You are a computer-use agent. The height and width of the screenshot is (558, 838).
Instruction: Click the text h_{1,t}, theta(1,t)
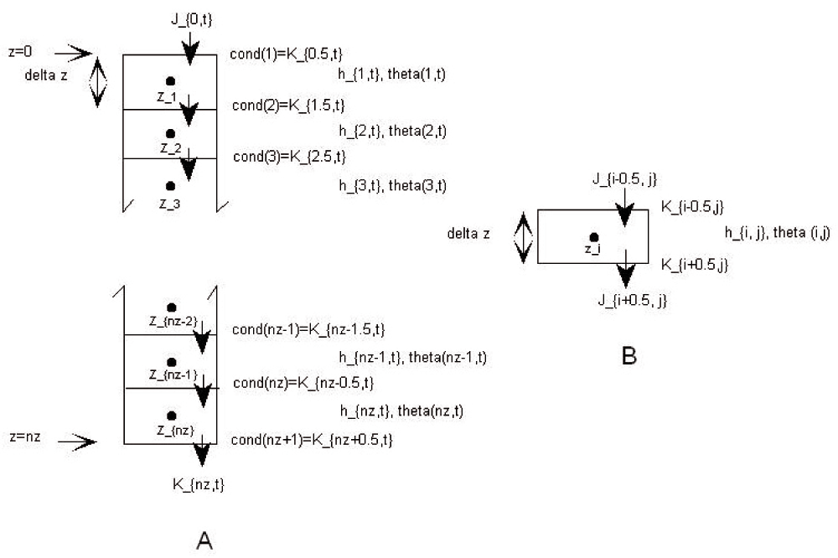(x=391, y=74)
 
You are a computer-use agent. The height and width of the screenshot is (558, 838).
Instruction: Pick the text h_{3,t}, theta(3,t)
(x=392, y=185)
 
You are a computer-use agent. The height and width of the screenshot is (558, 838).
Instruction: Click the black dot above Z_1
(x=170, y=81)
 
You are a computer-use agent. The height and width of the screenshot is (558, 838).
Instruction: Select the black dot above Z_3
(x=170, y=186)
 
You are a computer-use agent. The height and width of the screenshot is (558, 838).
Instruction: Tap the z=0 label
(x=41, y=53)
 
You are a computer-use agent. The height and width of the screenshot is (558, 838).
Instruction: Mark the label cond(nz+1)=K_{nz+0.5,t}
(x=312, y=440)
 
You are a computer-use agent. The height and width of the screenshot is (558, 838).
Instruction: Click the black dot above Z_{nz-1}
(x=172, y=362)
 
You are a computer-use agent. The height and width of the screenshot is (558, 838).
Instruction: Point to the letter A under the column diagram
(x=204, y=542)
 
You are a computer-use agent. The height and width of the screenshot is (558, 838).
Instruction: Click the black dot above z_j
(x=593, y=237)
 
